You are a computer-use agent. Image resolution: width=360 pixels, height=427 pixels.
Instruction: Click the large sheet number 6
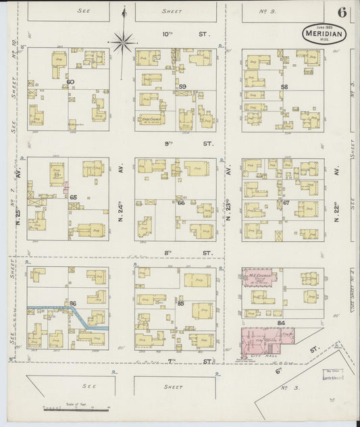click(343, 13)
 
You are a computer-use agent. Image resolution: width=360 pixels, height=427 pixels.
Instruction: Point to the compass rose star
click(122, 43)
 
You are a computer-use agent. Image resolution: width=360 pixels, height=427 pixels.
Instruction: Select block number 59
click(182, 86)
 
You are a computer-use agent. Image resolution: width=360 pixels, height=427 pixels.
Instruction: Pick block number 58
click(284, 87)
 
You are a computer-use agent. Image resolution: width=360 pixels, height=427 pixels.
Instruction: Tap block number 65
click(73, 197)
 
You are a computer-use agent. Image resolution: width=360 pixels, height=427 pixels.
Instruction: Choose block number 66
click(181, 202)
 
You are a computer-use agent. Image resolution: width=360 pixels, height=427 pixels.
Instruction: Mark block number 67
click(286, 202)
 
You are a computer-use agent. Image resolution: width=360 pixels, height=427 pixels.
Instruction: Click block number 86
click(72, 303)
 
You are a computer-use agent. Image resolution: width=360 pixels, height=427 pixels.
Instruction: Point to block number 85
click(181, 303)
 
